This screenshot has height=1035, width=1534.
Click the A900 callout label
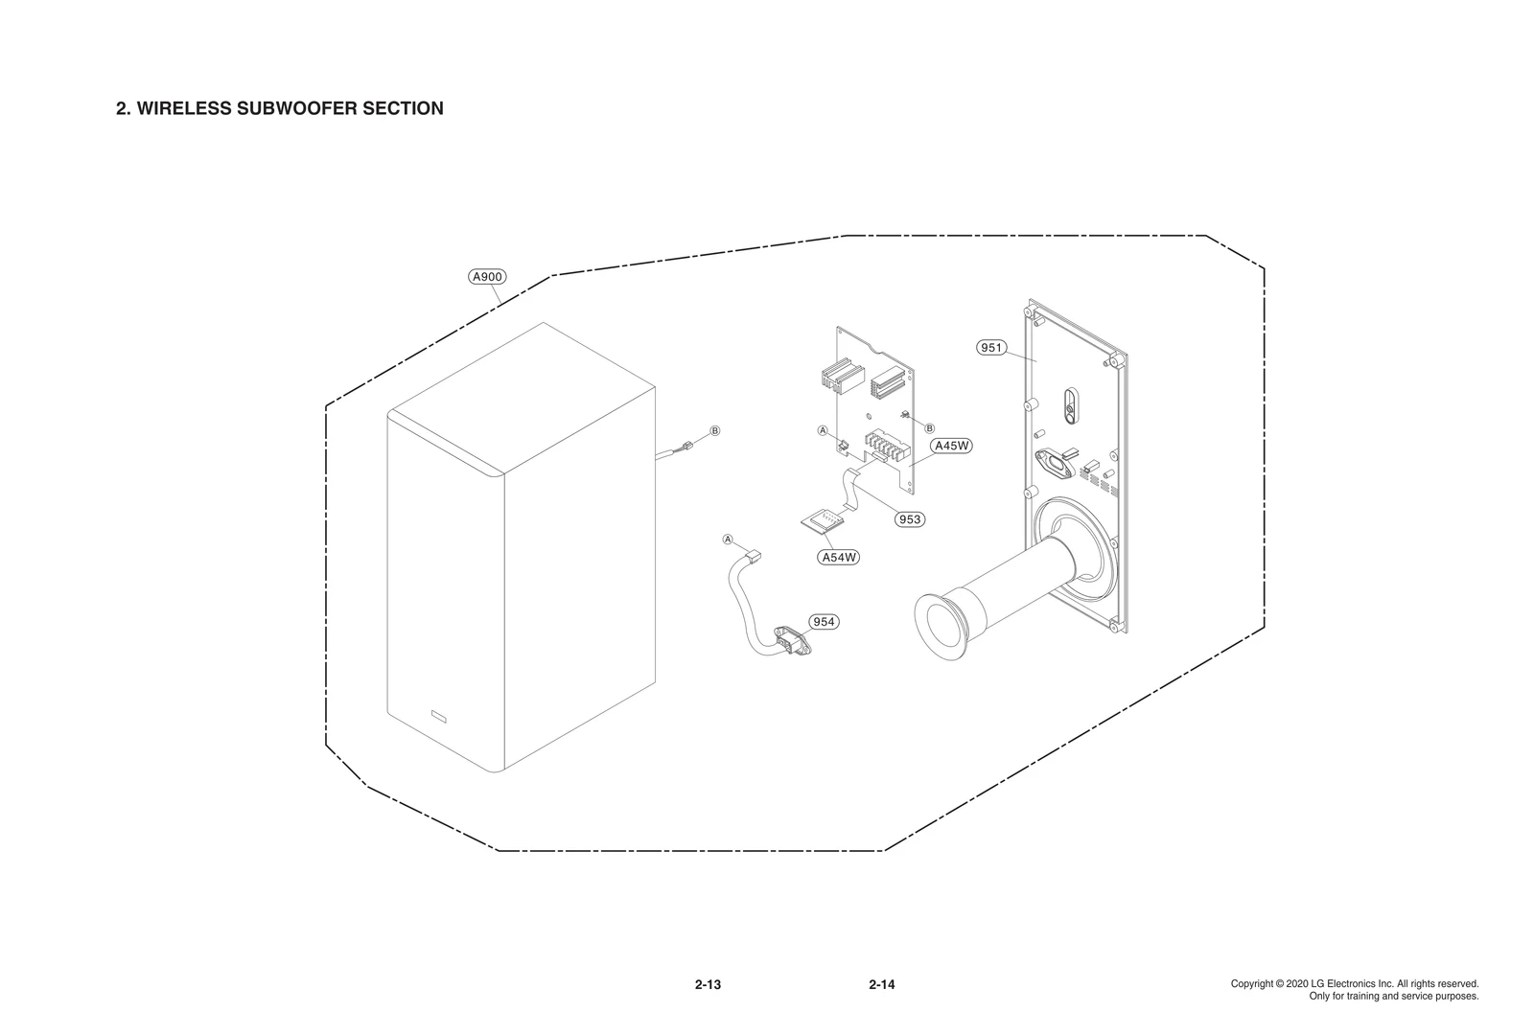[x=487, y=277]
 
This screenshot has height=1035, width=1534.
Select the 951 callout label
[x=991, y=347]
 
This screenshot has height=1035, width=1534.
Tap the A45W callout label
[x=952, y=446]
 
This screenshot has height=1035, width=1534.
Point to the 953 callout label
[x=909, y=519]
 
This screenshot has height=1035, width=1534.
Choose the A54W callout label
[x=839, y=557]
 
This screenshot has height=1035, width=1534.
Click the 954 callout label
[x=824, y=622]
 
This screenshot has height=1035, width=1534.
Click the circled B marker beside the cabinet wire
[x=714, y=430]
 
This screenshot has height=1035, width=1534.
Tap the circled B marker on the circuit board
[x=929, y=426]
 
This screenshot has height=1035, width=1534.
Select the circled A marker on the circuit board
[x=822, y=430]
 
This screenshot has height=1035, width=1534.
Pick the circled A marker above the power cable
[x=728, y=540]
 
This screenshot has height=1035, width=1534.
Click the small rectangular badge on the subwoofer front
[x=440, y=715]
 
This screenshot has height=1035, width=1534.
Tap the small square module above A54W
[x=823, y=519]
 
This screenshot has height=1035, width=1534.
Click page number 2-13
[x=708, y=984]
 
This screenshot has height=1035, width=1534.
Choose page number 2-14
[x=881, y=984]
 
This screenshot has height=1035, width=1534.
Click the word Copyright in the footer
[x=1251, y=984]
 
